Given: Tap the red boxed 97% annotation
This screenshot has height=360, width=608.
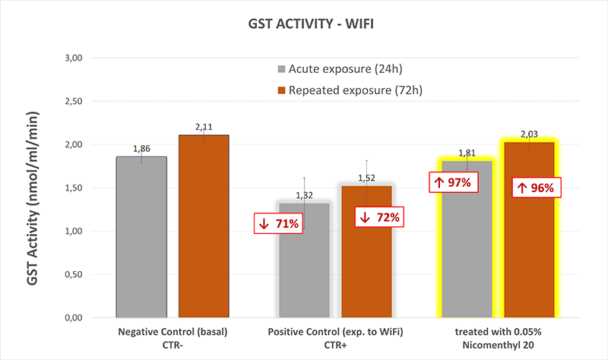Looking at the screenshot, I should click(453, 183).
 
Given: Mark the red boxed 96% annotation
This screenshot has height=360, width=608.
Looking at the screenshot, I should click(537, 187).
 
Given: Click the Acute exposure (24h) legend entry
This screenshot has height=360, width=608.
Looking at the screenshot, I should click(344, 70).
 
